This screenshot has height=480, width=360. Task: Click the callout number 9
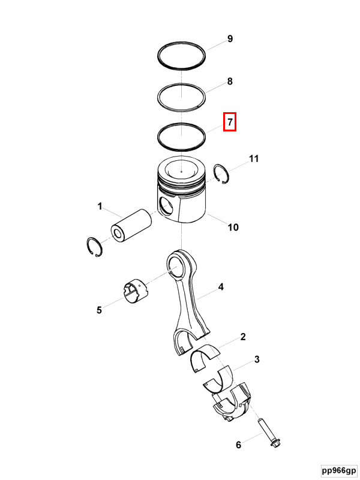(230, 39)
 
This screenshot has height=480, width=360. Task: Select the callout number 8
(230, 82)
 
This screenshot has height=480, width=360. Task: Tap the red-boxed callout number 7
(230, 122)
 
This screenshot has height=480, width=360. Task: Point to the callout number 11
(254, 158)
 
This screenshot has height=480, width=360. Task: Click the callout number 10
(233, 227)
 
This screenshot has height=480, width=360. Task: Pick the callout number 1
(100, 206)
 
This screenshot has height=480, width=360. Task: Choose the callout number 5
(99, 310)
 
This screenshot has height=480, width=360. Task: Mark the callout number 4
(221, 287)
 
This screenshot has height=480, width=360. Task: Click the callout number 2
(243, 337)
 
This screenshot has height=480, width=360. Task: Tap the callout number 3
(257, 359)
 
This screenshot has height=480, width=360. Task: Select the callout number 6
(238, 445)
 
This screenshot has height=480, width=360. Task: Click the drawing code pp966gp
(339, 470)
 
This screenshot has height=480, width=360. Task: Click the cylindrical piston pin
(131, 226)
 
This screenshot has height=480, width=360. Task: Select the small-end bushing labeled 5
(136, 292)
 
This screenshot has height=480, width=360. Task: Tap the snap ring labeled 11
(222, 174)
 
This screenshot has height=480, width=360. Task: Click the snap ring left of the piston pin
(94, 247)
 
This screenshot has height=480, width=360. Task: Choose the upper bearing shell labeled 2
(205, 357)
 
